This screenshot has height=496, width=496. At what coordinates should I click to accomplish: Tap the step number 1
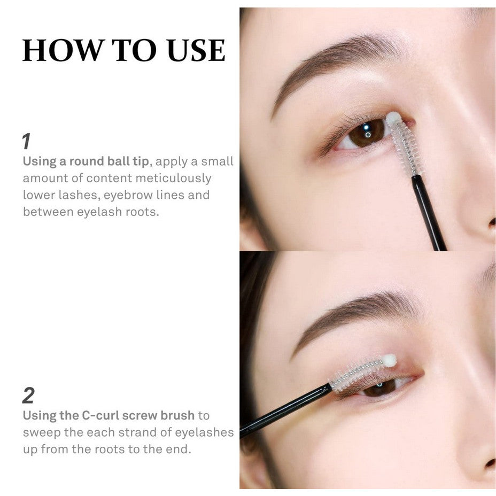[x=26, y=142]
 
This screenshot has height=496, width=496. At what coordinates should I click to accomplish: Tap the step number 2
[x=28, y=396]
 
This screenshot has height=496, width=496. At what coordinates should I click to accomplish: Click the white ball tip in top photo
[x=393, y=118]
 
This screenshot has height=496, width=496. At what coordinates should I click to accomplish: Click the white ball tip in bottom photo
[x=390, y=361]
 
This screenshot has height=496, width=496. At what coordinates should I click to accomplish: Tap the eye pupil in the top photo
[x=368, y=131]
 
